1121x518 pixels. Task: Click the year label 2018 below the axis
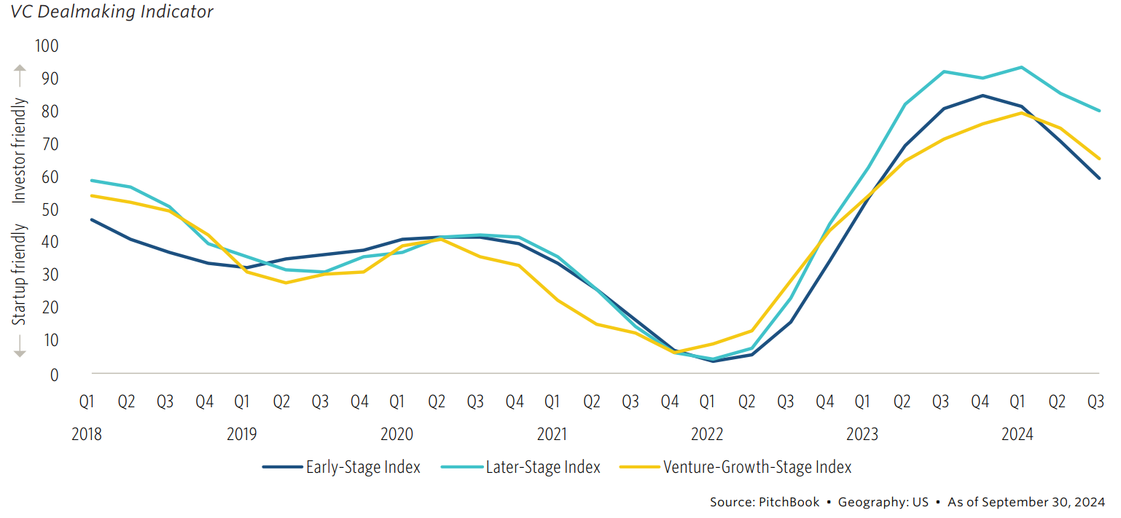[x=87, y=435]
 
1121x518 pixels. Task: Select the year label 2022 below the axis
[x=707, y=435]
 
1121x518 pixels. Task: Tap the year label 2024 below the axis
[x=1017, y=435]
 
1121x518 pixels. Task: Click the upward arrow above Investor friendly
[x=20, y=75]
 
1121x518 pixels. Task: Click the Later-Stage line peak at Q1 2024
[x=1021, y=67]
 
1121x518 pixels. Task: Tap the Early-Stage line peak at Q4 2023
[x=983, y=95]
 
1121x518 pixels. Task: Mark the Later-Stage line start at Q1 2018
[x=91, y=180]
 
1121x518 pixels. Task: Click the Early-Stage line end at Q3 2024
[x=1098, y=178]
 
